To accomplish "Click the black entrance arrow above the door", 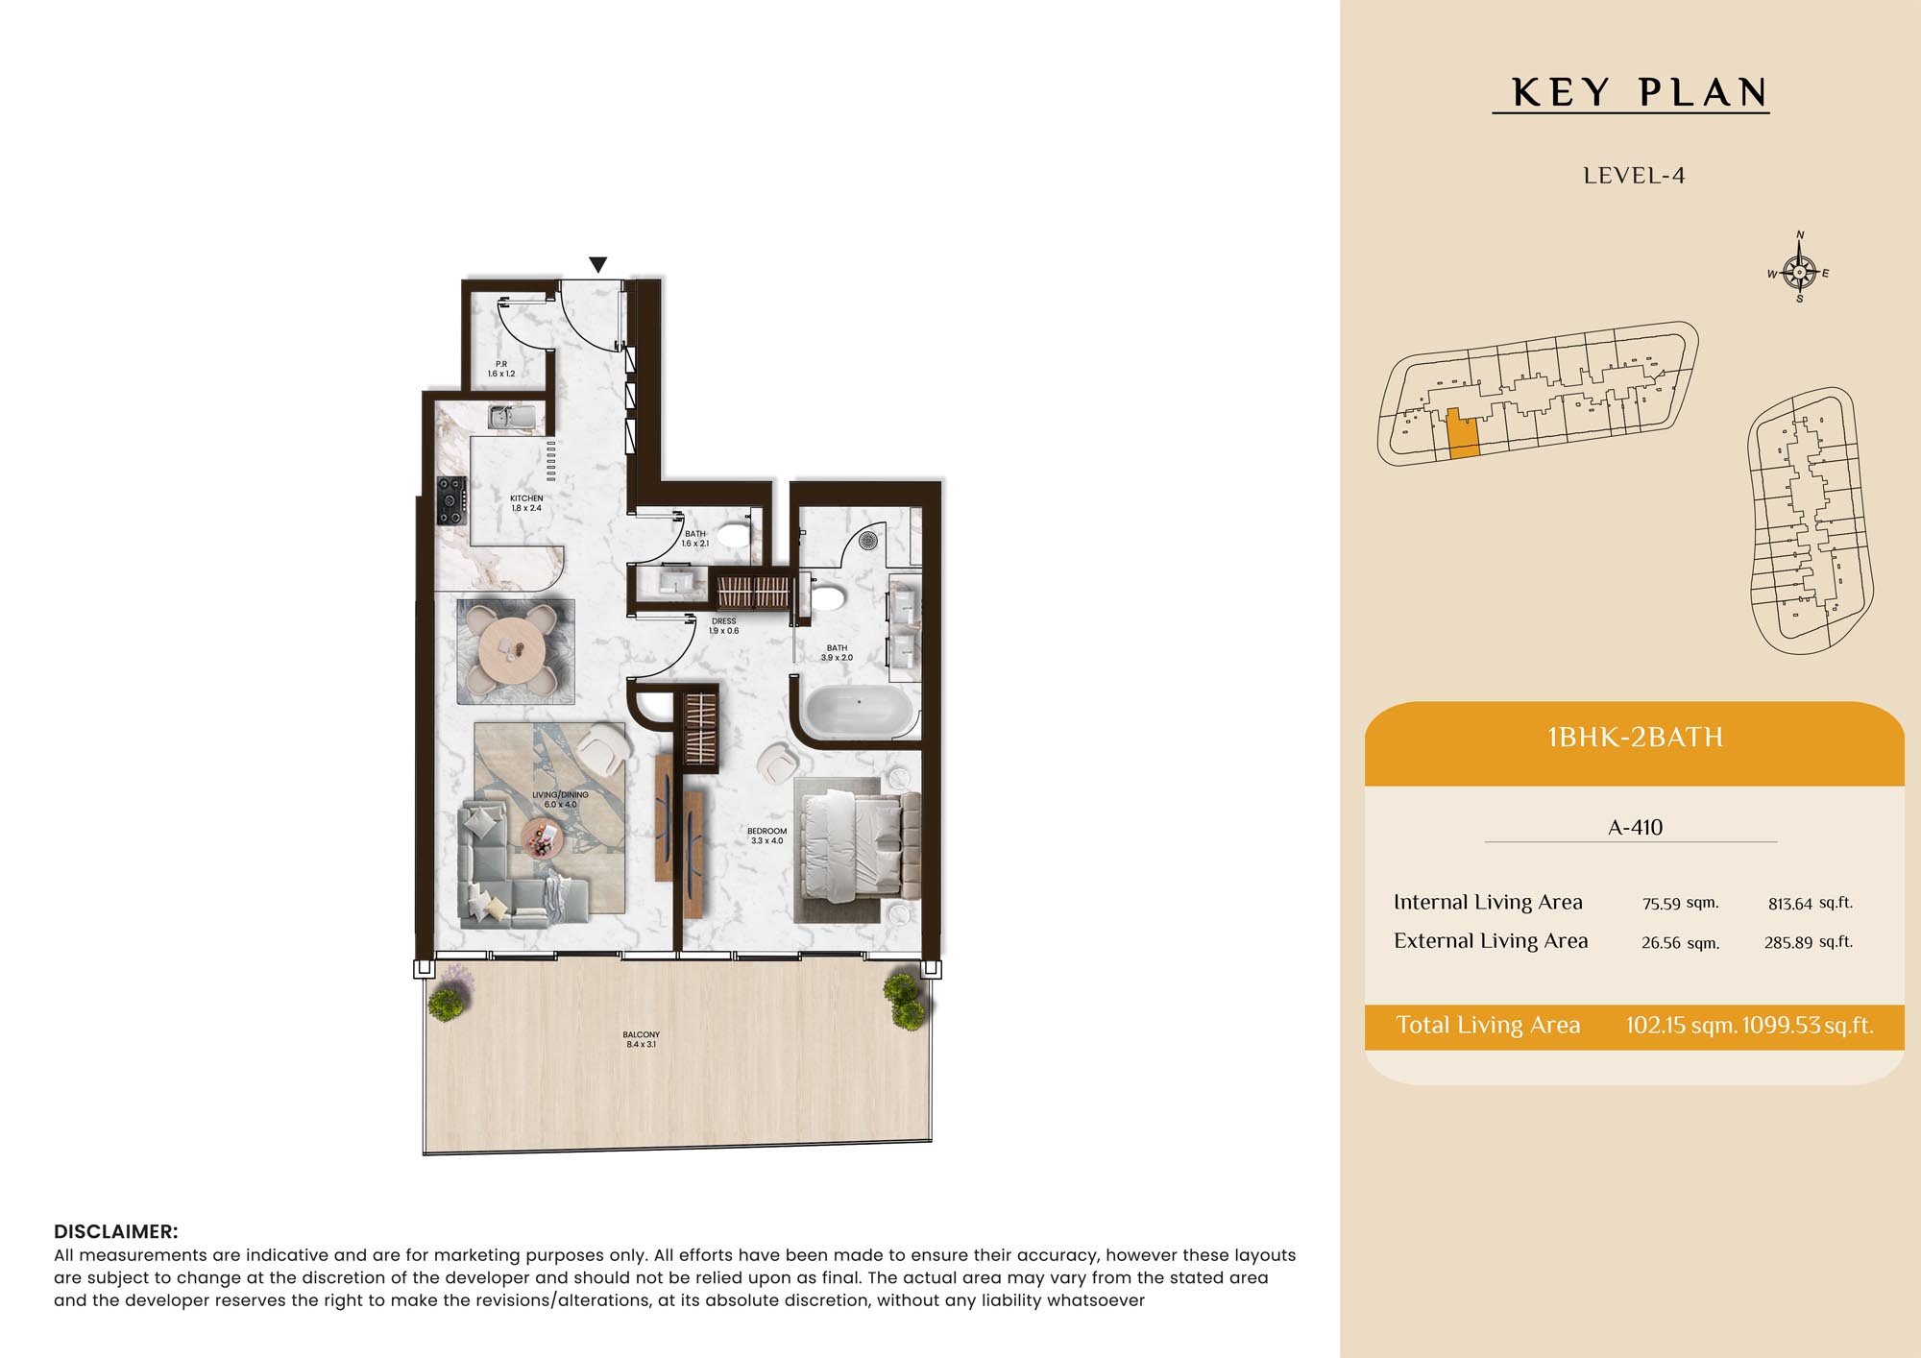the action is tap(597, 264).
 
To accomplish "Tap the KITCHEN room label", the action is tap(526, 498).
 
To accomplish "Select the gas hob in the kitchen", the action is tap(451, 500).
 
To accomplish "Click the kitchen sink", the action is tap(502, 417).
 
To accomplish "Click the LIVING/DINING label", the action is tap(561, 795).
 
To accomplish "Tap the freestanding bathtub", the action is tap(858, 710).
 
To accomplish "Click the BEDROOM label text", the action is tap(766, 832).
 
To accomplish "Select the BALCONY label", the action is tap(642, 1035).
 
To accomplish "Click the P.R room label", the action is tap(501, 364).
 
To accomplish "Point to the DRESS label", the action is tap(724, 621).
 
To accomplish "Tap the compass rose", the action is tap(1799, 272).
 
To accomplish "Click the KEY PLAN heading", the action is tap(1640, 93).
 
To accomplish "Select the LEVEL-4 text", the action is tap(1634, 176).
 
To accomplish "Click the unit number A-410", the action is tap(1636, 827).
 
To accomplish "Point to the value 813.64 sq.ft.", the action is tap(1810, 903).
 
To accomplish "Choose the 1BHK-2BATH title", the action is tap(1635, 738).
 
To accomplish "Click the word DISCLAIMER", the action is tap(116, 1231).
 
